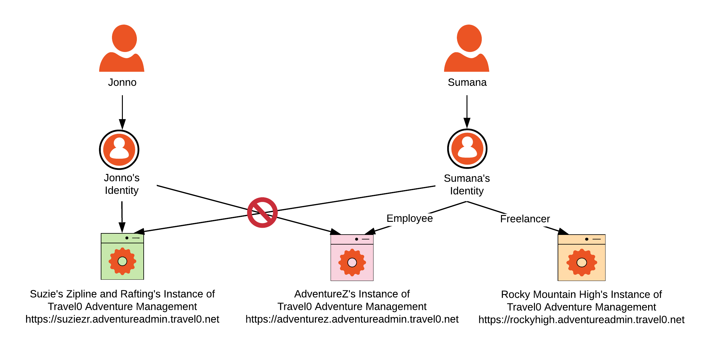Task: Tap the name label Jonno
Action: (x=122, y=82)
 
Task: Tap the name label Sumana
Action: (x=467, y=82)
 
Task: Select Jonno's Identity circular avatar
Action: (x=119, y=150)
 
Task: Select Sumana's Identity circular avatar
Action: (x=467, y=149)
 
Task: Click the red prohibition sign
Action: (x=262, y=213)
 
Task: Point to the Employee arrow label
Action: (x=409, y=218)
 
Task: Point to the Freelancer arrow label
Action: (x=525, y=219)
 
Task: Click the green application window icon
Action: (x=122, y=256)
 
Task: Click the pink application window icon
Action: (x=352, y=258)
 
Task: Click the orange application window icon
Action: (x=581, y=258)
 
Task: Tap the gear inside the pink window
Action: (x=352, y=263)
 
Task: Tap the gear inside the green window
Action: (x=122, y=261)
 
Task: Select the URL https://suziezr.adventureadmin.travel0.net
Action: (x=122, y=319)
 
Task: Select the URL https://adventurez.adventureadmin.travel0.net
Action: (x=352, y=319)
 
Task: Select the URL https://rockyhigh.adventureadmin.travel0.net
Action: (x=581, y=320)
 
